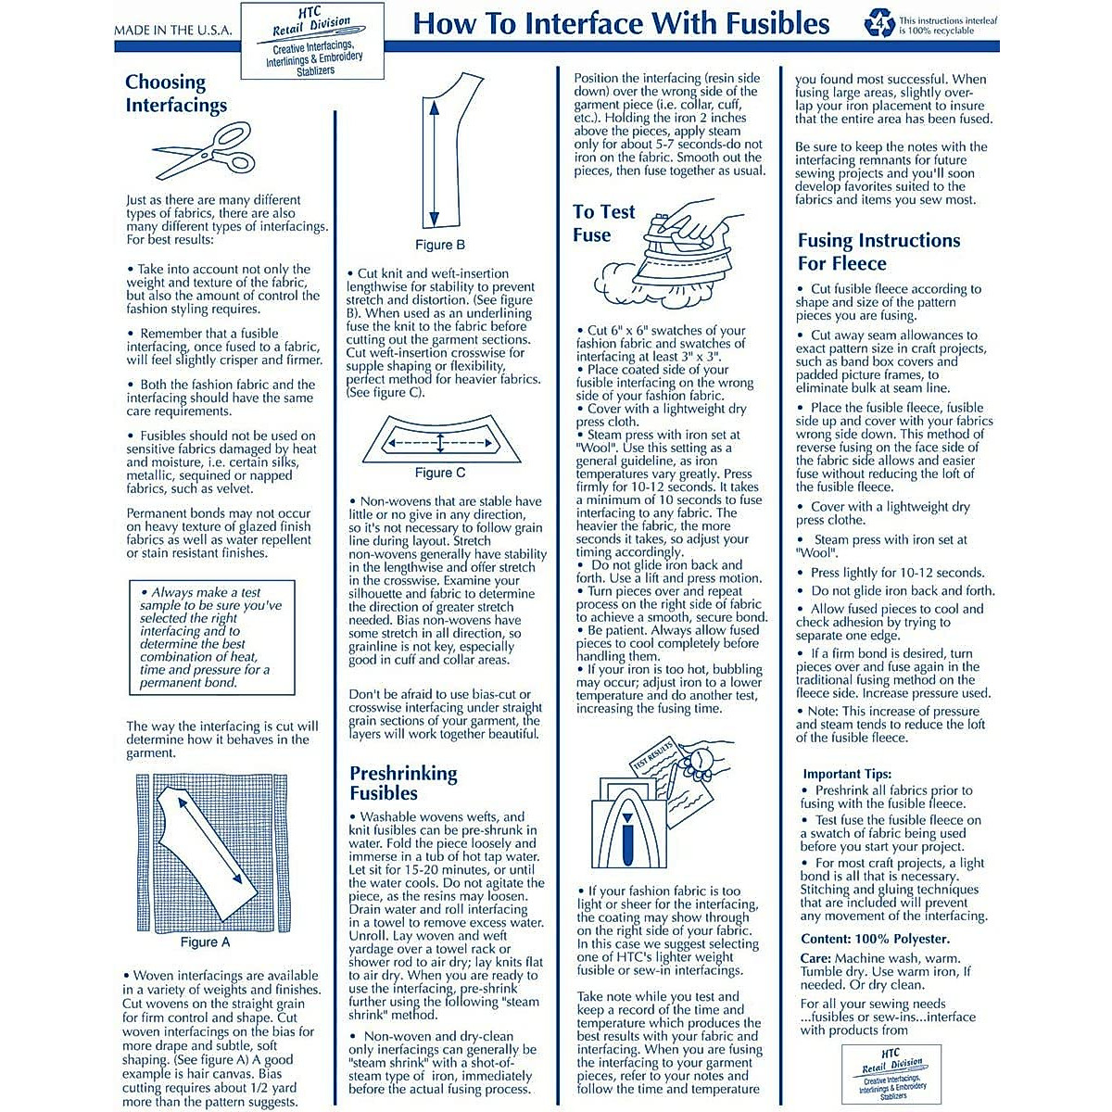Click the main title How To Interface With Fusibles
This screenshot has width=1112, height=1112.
(x=621, y=24)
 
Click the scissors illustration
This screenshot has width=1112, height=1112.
(x=203, y=150)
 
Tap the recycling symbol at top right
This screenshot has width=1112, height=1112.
(x=878, y=23)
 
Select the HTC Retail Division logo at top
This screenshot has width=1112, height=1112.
(x=313, y=42)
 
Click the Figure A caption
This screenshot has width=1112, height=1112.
(x=205, y=942)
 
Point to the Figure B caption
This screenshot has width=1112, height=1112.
(x=440, y=246)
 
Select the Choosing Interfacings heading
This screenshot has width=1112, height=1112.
(x=176, y=94)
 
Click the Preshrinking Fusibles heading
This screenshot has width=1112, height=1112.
(x=403, y=783)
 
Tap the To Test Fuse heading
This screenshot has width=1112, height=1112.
(x=604, y=223)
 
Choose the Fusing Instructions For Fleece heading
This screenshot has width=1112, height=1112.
(x=878, y=252)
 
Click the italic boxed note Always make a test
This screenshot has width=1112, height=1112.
(x=211, y=638)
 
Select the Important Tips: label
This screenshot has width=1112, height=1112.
(x=847, y=774)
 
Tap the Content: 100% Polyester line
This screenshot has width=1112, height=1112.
(x=875, y=939)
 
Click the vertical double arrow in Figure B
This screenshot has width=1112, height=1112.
(x=433, y=163)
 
